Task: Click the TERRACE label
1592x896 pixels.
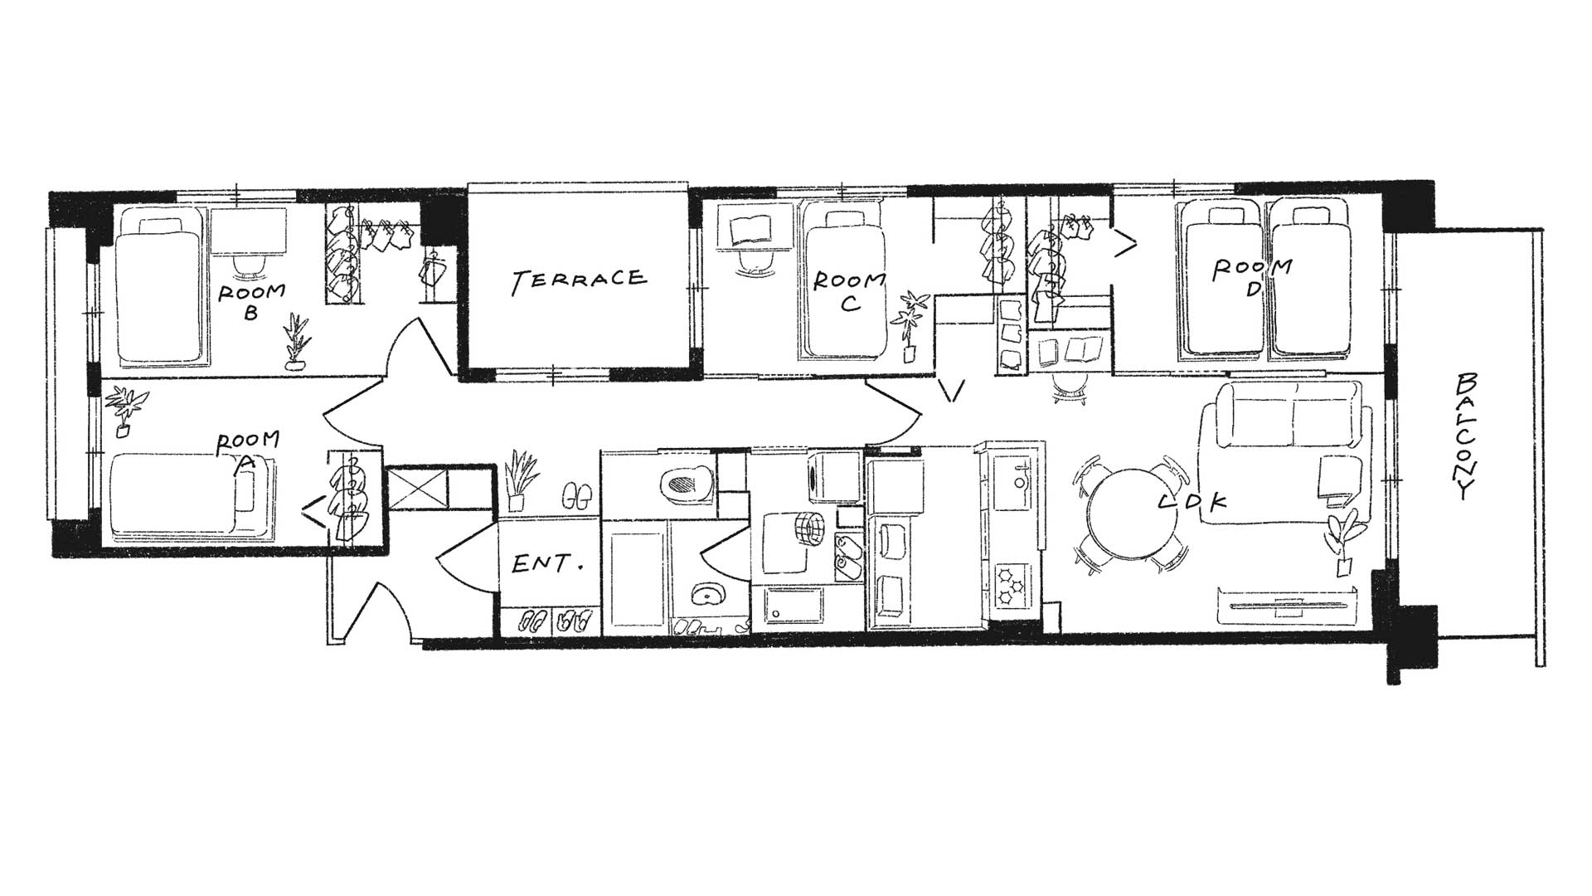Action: (578, 280)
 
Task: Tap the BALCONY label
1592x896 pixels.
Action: (1468, 436)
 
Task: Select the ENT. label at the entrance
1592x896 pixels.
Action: (547, 565)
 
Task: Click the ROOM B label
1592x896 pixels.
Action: (251, 301)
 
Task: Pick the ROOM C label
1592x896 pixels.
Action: (848, 291)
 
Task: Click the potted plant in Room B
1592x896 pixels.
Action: (295, 342)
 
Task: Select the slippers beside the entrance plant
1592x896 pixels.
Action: (575, 496)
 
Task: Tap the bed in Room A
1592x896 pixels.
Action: (192, 495)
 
